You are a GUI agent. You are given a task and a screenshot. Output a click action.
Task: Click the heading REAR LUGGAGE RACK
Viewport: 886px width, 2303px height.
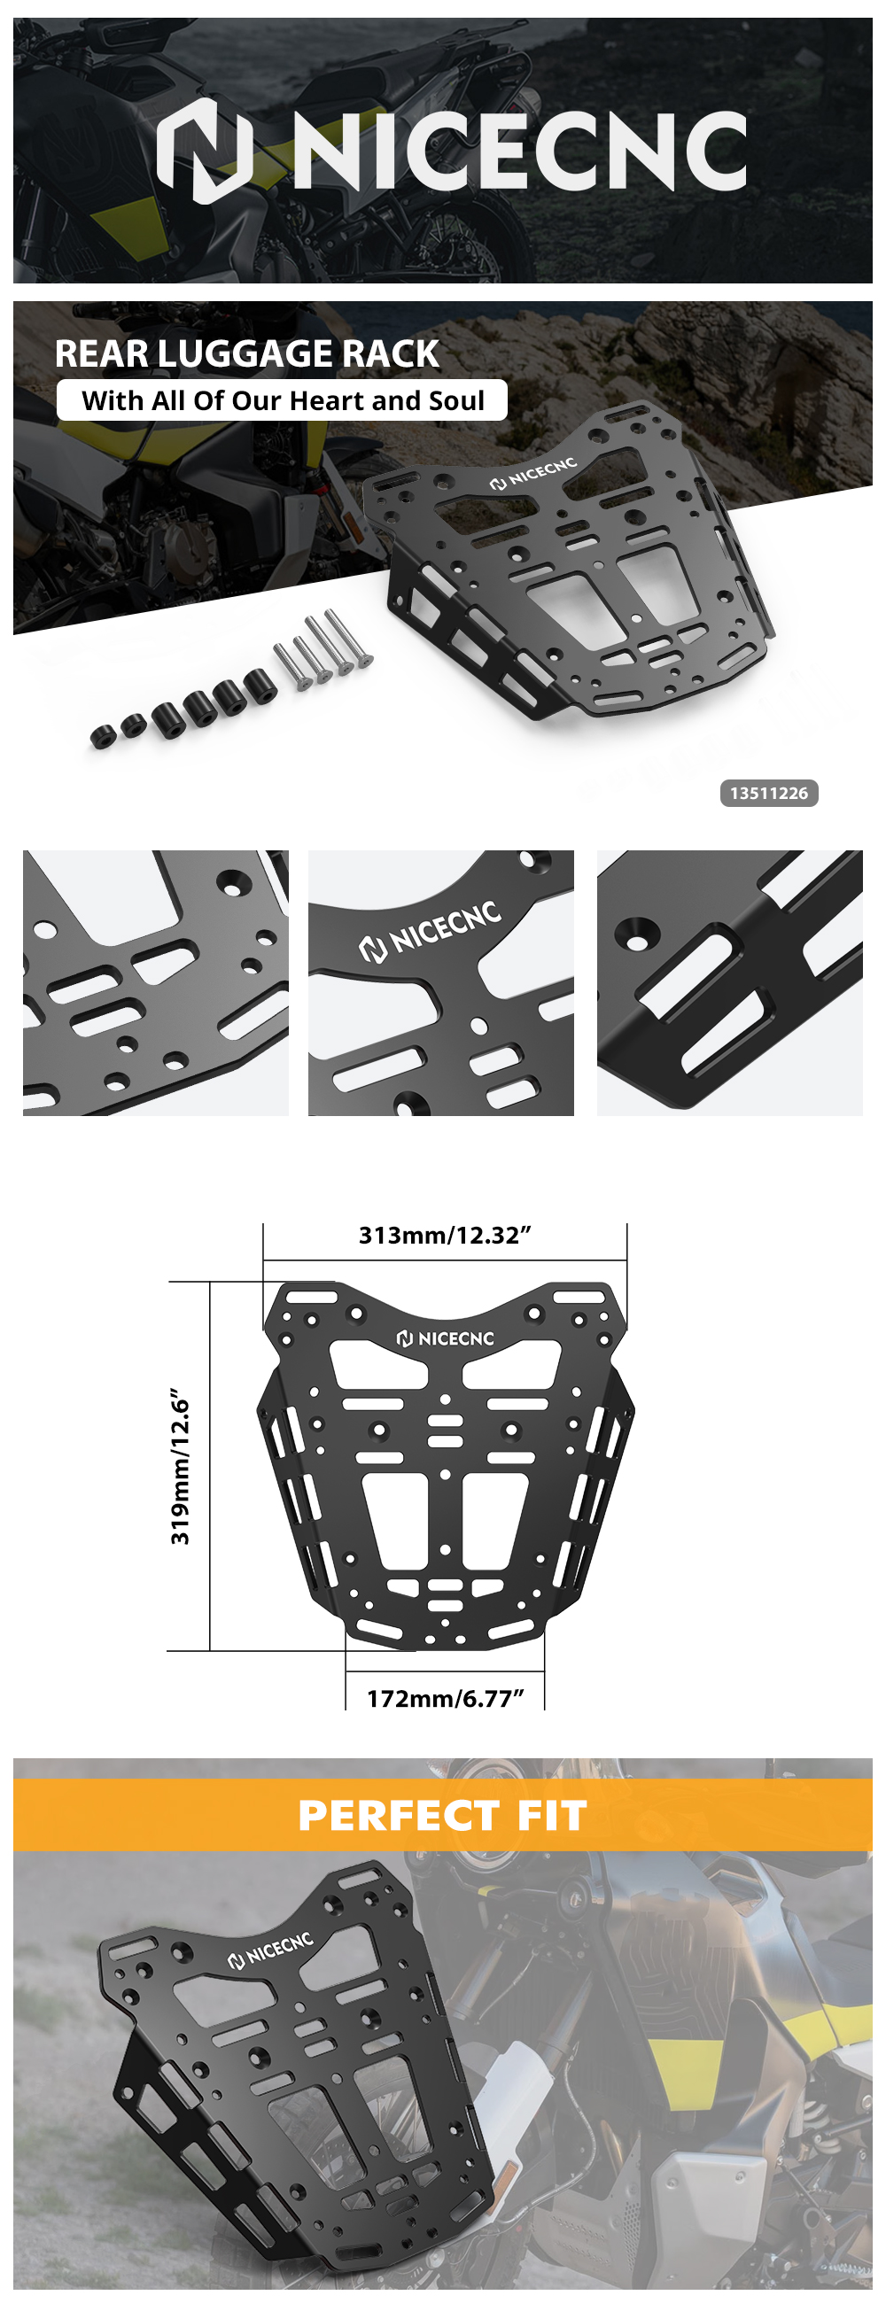pos(247,354)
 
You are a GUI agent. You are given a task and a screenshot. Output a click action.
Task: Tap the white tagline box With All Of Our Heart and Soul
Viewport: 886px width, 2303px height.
pos(282,399)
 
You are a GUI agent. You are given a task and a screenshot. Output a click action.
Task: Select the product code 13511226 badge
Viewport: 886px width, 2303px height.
pos(769,793)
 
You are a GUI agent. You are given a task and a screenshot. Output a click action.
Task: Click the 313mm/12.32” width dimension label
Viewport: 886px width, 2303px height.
pos(446,1236)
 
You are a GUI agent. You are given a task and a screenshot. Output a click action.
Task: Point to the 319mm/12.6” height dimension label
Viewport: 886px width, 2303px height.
pos(181,1466)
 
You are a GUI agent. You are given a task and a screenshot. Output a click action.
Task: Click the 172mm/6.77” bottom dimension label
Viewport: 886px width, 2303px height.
pos(446,1699)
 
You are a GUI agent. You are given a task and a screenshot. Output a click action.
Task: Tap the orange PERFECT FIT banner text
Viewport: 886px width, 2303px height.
pos(442,1816)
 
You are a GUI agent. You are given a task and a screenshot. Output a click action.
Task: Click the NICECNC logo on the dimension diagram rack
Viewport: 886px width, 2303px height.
pos(446,1338)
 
